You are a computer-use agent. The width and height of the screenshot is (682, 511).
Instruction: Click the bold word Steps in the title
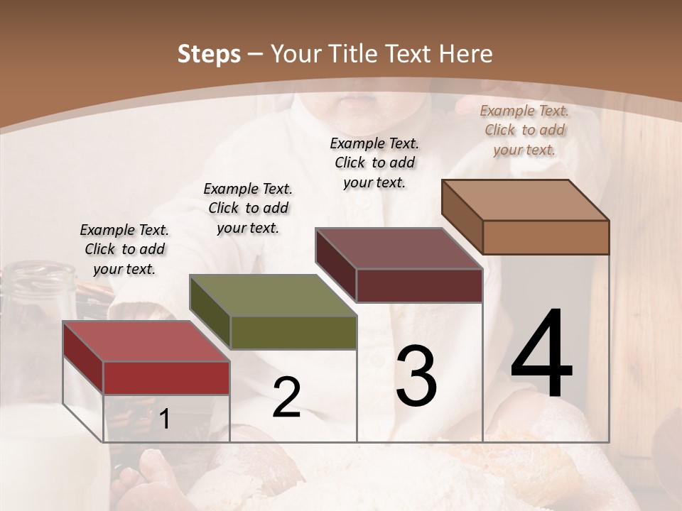click(209, 54)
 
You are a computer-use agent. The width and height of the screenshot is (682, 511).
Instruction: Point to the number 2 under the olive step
click(286, 397)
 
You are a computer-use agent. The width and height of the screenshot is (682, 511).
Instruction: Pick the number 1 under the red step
click(164, 419)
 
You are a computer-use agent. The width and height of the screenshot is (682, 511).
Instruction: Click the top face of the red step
click(146, 341)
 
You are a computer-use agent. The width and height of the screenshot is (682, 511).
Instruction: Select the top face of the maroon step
click(399, 248)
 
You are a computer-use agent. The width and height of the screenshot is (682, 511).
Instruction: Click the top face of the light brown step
click(526, 200)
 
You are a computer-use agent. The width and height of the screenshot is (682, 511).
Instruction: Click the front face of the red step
click(166, 378)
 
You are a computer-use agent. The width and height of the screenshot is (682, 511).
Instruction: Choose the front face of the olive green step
click(293, 332)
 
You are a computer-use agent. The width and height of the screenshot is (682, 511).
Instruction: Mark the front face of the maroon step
click(419, 285)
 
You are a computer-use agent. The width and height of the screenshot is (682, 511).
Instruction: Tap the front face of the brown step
click(546, 237)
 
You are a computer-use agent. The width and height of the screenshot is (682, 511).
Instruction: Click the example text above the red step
click(124, 249)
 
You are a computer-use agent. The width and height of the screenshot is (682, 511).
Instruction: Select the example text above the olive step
click(248, 208)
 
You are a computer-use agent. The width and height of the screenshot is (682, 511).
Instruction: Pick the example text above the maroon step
click(374, 163)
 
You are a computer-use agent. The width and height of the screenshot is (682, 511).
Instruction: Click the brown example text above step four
click(524, 130)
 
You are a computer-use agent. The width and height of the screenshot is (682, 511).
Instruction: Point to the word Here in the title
click(466, 54)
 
